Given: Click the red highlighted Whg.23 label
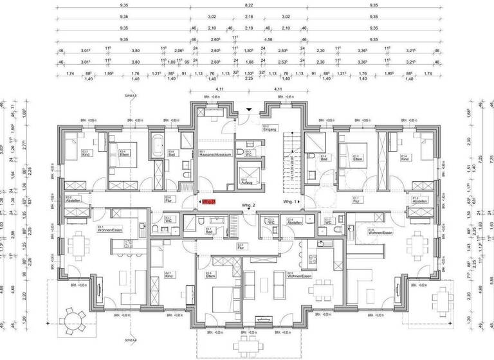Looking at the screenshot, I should (x=207, y=202).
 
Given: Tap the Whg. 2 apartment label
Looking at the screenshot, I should (x=249, y=205).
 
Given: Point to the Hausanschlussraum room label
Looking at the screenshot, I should (x=212, y=154).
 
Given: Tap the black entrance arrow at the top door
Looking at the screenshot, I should (x=248, y=110).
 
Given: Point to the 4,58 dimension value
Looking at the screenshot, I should (x=248, y=39).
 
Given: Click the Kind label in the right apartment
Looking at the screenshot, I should (x=405, y=157).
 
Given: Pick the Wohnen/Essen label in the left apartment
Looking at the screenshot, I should (x=107, y=230).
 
